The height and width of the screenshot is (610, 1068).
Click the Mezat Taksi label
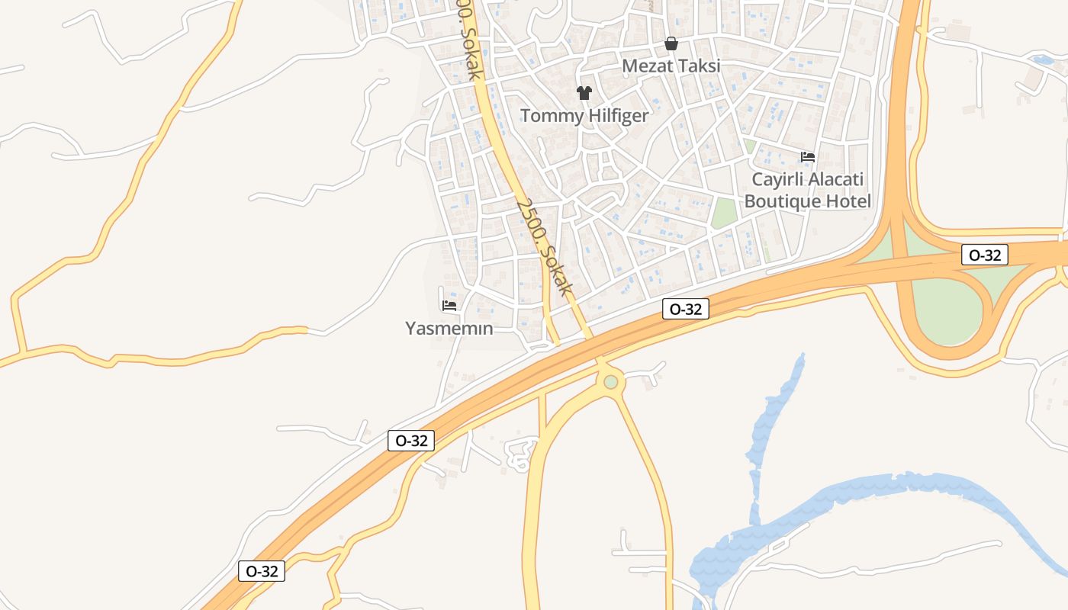pos(671,66)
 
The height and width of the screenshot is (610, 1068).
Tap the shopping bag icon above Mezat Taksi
pos(671,43)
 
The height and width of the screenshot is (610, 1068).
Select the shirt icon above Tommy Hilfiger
pos(584,93)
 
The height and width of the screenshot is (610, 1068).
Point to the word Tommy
pos(548,116)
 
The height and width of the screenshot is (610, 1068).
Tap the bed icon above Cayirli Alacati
pos(808,157)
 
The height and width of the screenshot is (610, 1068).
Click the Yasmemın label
pos(449,329)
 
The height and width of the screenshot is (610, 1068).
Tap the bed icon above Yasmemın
pos(449,306)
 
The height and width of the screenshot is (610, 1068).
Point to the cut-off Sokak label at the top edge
pos(467,38)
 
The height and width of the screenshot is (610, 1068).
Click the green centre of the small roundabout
pos(610,381)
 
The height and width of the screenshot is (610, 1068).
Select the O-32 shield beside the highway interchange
pos(984,255)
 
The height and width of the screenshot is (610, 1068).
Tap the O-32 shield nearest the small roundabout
pos(686,309)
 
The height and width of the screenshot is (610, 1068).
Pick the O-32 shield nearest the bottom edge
pos(262,571)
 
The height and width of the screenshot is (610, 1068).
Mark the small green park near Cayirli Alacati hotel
pos(725,212)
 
